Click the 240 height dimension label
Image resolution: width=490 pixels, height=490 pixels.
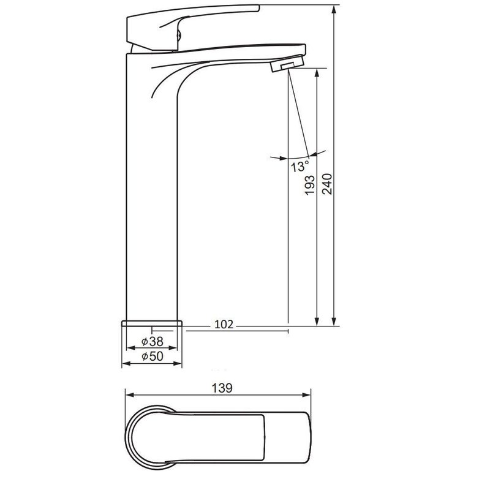coord(328,184)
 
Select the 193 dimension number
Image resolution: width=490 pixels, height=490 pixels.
coord(310,186)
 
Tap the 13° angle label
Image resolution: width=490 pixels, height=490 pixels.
coord(300,166)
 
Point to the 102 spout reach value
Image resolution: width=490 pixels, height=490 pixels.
coord(224,325)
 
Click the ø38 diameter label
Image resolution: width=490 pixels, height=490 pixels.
coord(152,341)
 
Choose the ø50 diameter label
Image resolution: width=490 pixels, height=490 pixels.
coord(152,356)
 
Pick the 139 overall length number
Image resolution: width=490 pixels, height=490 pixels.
coord(222,388)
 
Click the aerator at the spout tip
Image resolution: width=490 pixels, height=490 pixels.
coord(287,64)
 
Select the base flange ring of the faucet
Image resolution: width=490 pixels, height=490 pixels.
coord(151,323)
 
